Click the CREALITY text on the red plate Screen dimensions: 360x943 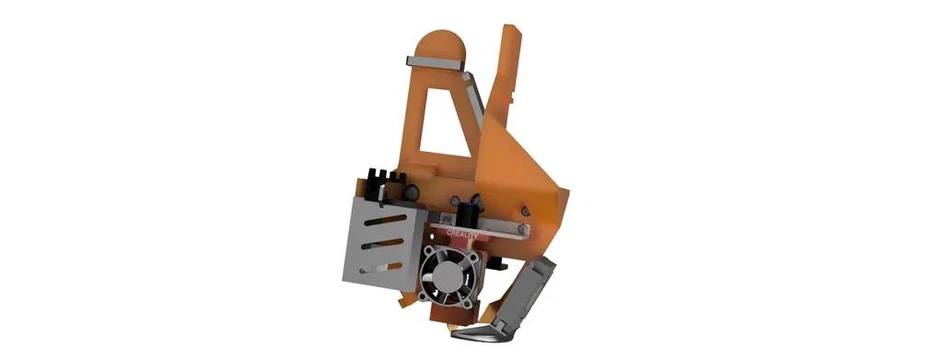(462, 233)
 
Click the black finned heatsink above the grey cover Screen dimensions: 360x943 (383, 184)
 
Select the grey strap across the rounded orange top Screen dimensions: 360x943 (437, 62)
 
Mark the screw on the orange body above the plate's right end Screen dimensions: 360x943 (523, 211)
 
